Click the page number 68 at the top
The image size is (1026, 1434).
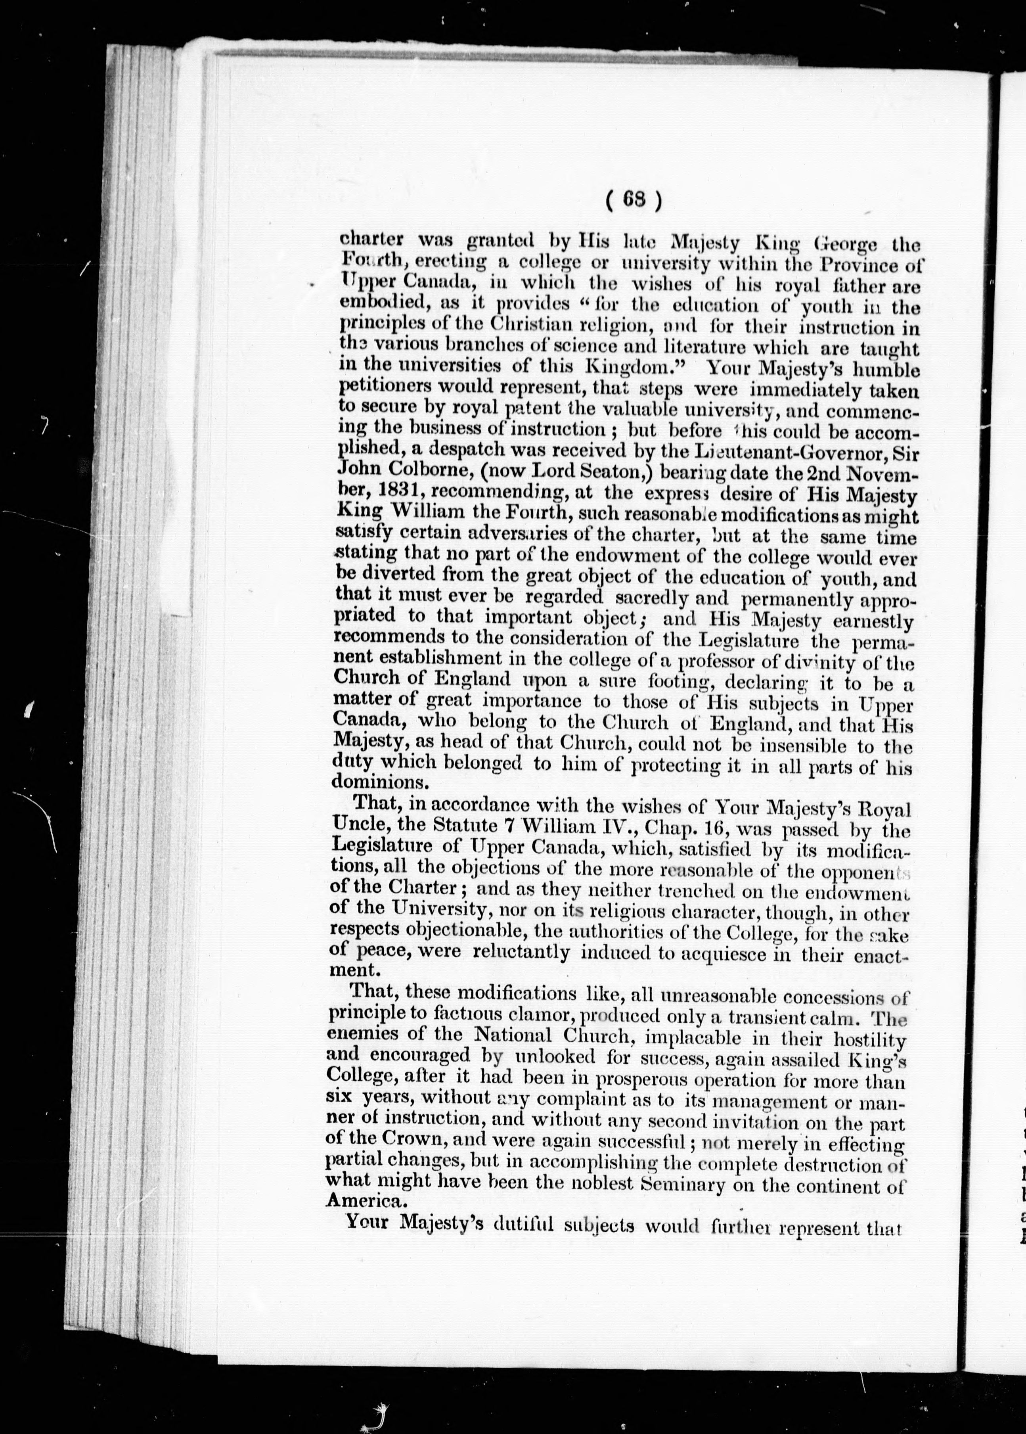click(633, 201)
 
